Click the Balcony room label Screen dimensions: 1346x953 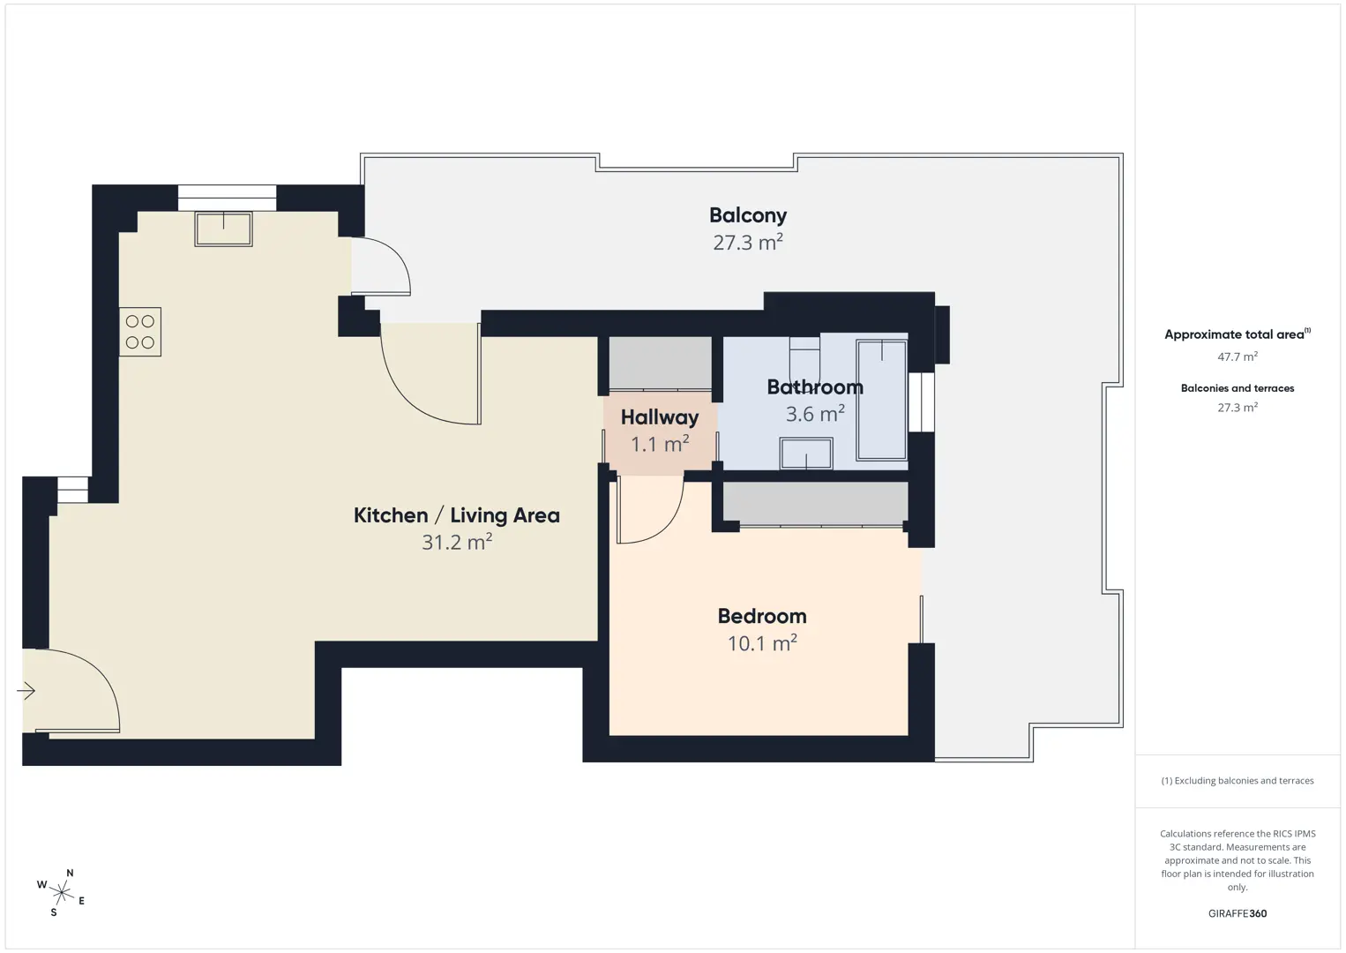[747, 215]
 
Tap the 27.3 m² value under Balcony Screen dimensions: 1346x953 [747, 242]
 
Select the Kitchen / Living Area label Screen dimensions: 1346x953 [457, 515]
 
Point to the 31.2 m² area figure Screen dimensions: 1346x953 [457, 542]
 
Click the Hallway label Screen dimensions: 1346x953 [660, 417]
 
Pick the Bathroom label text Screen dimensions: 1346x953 [815, 386]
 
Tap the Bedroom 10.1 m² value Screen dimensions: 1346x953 [762, 643]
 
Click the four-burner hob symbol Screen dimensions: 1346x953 [140, 332]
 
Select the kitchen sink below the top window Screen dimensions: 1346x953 [223, 229]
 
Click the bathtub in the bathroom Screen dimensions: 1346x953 [881, 400]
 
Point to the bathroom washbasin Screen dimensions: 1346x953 [806, 454]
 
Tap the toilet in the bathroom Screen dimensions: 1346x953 [804, 361]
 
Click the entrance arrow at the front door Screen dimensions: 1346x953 [26, 691]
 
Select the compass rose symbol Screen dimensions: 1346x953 [61, 893]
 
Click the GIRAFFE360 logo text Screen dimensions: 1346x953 [1238, 913]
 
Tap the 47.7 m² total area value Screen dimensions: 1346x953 [1238, 356]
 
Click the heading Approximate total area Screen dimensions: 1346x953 [1238, 334]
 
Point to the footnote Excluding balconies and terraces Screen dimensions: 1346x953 [1238, 780]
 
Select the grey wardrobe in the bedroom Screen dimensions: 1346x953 [815, 503]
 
